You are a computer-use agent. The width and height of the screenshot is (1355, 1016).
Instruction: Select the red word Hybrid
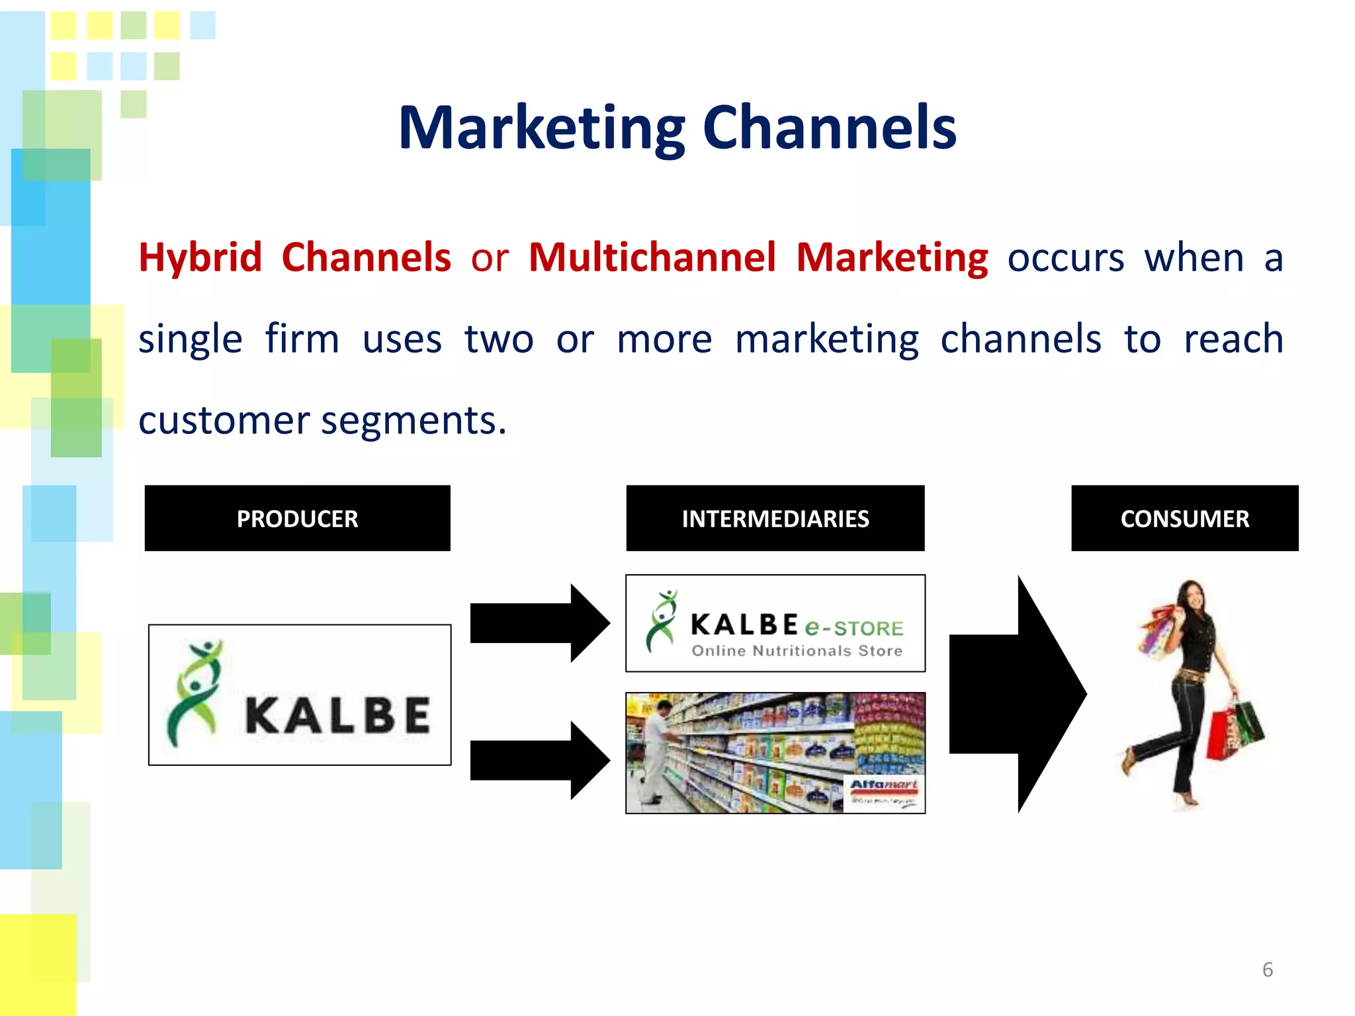click(x=200, y=257)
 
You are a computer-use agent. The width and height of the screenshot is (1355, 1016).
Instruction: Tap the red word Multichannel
click(x=652, y=257)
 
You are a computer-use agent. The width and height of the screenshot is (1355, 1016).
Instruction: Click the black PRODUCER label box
click(x=297, y=518)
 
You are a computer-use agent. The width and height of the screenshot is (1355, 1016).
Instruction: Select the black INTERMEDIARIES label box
click(x=775, y=518)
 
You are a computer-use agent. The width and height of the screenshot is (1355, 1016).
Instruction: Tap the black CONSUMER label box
click(x=1184, y=518)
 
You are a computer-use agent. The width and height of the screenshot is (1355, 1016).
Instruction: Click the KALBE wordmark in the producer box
click(x=337, y=716)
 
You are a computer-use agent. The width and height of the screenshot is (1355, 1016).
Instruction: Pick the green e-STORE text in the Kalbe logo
click(x=853, y=627)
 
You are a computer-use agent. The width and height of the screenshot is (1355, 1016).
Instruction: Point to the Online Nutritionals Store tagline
click(x=797, y=651)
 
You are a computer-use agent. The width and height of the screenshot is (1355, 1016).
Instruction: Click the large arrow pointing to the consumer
click(x=1016, y=694)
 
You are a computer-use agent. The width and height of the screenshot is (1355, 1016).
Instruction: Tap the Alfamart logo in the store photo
click(x=883, y=786)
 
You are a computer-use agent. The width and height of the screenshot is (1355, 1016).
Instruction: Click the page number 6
click(x=1267, y=970)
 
